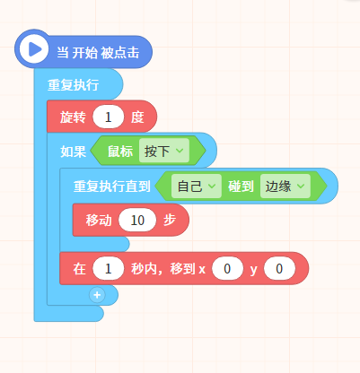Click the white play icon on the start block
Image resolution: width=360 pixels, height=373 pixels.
pos(34,48)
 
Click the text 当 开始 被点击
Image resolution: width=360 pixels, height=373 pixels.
pos(98,53)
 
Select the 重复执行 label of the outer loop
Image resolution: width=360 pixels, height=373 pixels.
pos(73,85)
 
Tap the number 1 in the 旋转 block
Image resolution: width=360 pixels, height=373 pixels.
pos(108,117)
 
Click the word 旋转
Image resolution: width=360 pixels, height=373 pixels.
pos(73,117)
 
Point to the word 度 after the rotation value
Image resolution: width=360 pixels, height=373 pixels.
pos(137,117)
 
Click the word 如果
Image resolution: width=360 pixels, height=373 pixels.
pos(73,152)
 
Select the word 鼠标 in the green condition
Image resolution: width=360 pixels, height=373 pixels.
pos(120,152)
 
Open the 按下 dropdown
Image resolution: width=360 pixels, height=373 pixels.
pos(164,151)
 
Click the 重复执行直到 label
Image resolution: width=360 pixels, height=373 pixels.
pos(112,186)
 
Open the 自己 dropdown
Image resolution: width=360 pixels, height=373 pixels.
pos(197,186)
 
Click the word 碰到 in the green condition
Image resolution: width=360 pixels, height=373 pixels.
pos(241,186)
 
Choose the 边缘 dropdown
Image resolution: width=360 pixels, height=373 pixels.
pos(285,186)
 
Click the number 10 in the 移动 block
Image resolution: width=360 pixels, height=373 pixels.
pos(137,221)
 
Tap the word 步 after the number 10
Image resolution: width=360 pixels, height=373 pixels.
pos(170,221)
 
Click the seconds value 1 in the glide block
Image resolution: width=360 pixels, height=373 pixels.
pos(109,269)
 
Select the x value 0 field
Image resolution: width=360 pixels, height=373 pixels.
pos(227,269)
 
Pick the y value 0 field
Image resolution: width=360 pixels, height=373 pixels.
pos(279,269)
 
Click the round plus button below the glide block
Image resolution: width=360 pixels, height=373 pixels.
pos(97,295)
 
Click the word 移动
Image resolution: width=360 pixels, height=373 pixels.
pos(99,221)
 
